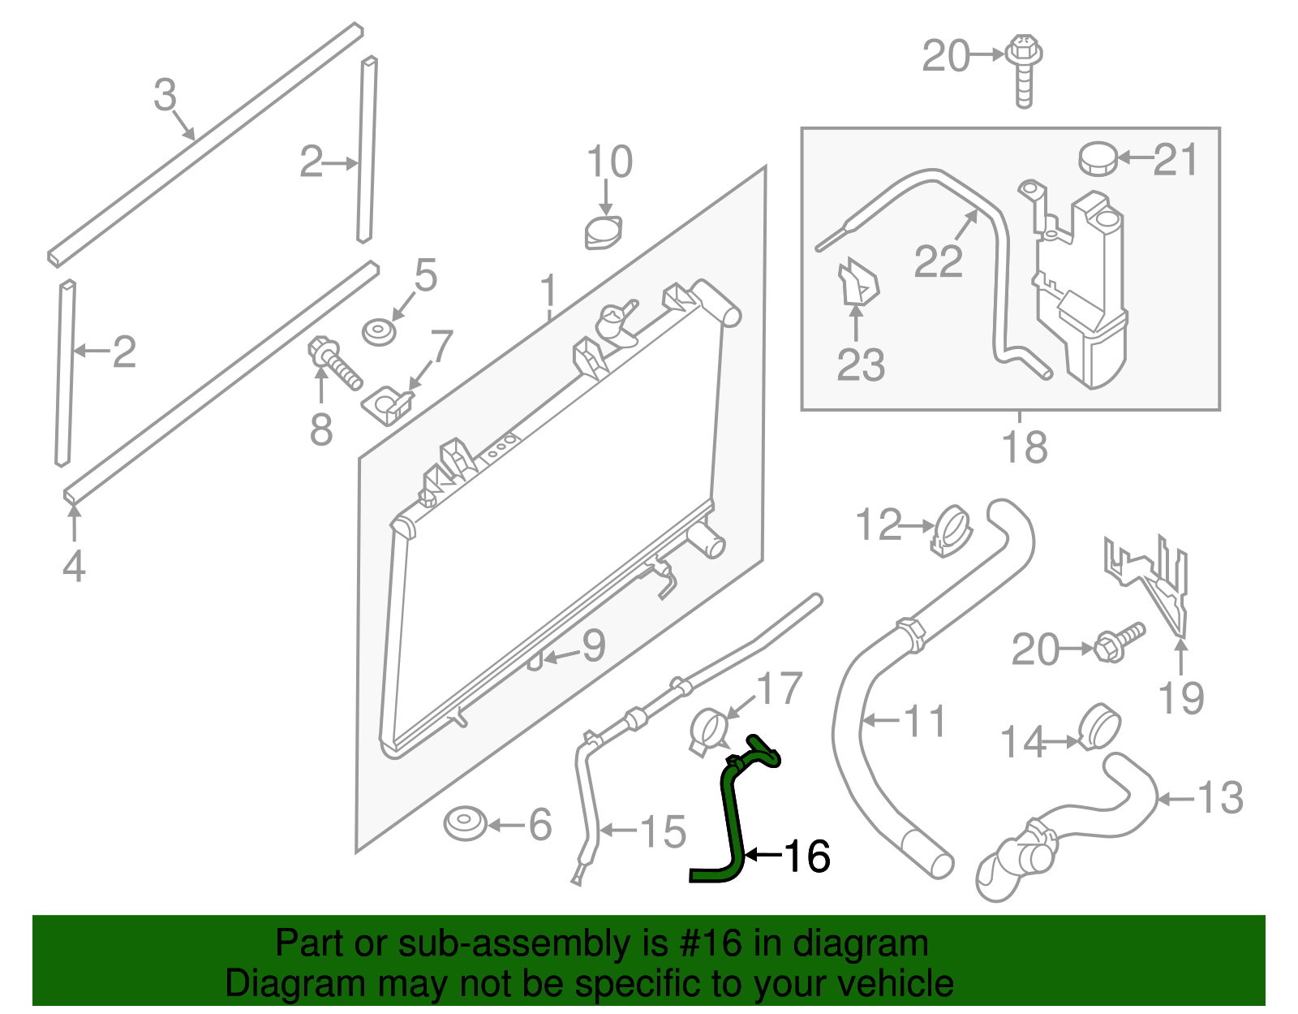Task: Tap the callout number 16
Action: tap(806, 856)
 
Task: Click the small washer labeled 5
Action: tap(379, 333)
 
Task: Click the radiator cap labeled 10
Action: tap(604, 232)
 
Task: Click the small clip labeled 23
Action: tap(857, 284)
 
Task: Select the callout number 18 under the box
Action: tap(1025, 447)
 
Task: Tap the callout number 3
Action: tap(165, 95)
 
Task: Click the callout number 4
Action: tap(74, 566)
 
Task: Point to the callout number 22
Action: tap(938, 261)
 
